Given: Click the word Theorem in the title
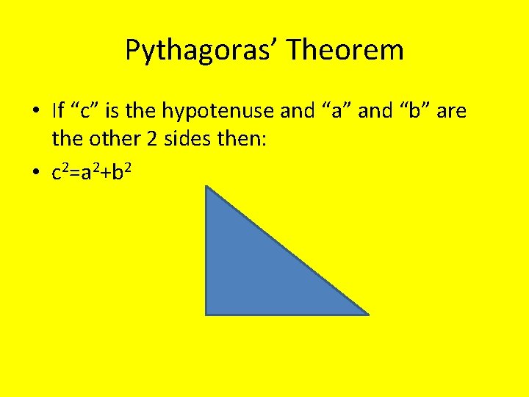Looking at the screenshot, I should (345, 51).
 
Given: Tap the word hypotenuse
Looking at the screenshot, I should (219, 112).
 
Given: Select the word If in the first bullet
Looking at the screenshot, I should (58, 111).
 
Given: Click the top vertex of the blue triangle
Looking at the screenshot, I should (206, 187).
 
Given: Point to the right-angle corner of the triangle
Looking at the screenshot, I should (206, 314).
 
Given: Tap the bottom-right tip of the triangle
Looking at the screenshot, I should (367, 314).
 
